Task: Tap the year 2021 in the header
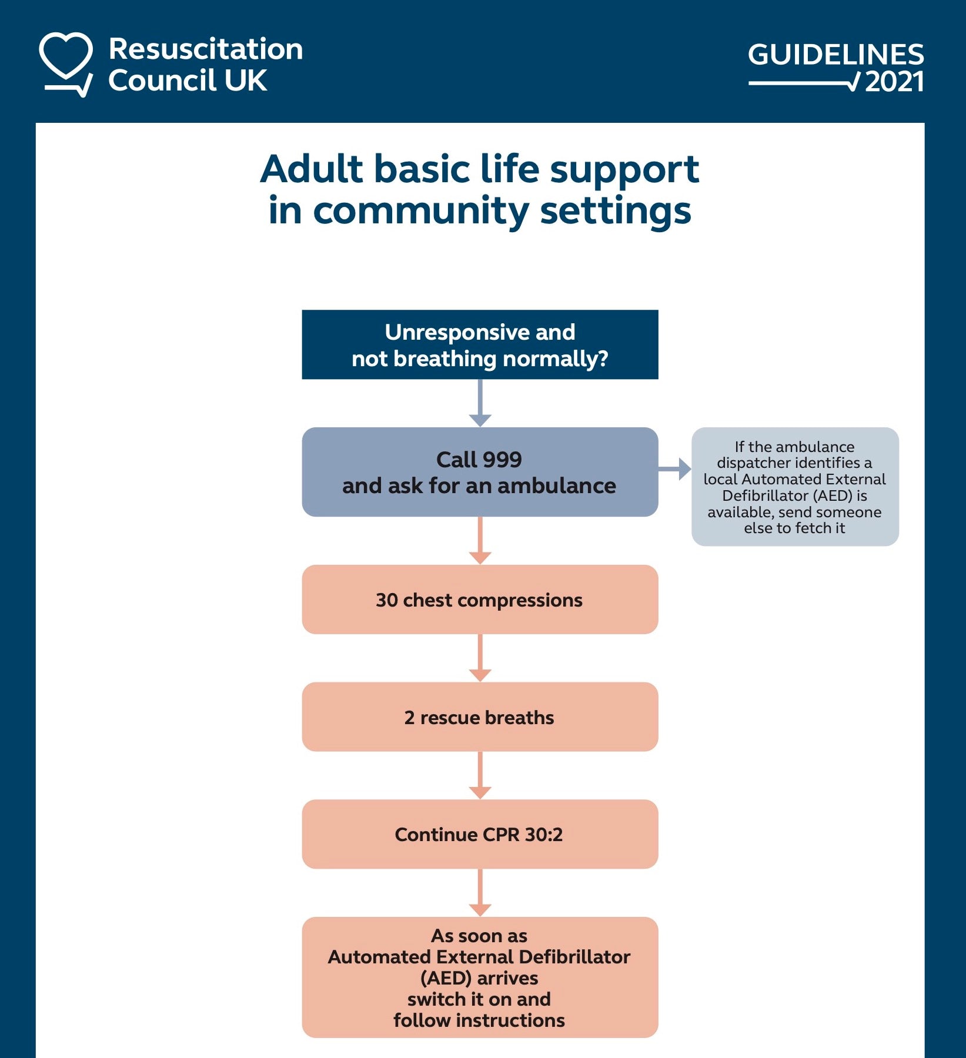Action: tap(894, 82)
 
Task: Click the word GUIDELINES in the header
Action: tap(835, 55)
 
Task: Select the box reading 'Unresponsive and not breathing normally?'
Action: tap(480, 345)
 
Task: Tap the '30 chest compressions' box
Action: tap(480, 600)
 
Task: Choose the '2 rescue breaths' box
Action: tap(480, 717)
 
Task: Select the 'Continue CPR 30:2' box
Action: tap(480, 834)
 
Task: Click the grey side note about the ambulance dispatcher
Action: tap(795, 487)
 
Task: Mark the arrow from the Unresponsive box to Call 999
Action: tap(480, 404)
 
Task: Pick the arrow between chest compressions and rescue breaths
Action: tap(480, 658)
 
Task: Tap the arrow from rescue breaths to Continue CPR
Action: tap(480, 776)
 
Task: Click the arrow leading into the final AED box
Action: tap(480, 893)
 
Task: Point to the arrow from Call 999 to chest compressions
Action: tap(480, 541)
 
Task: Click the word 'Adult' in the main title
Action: tap(312, 169)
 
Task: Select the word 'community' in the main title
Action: tap(420, 211)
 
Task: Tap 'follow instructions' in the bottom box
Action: tap(479, 1020)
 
